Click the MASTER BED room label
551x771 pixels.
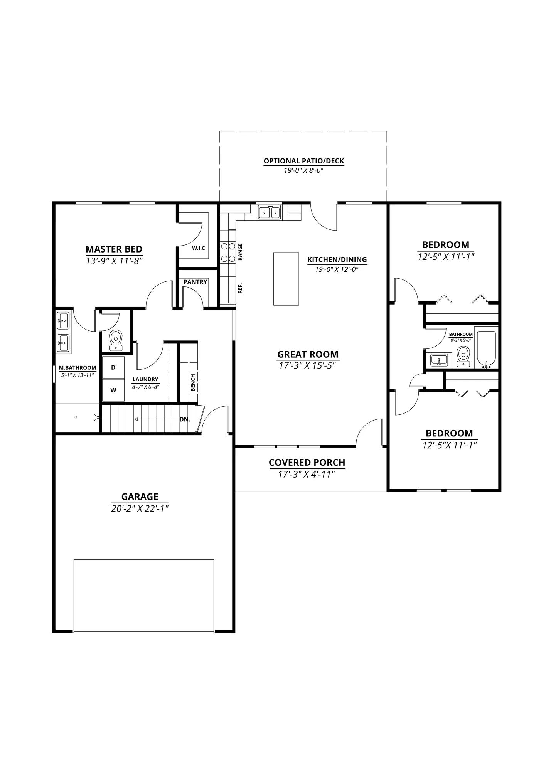coord(114,249)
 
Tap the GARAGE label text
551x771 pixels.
coord(140,497)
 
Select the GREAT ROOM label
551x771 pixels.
coord(308,354)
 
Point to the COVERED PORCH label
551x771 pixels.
coord(307,462)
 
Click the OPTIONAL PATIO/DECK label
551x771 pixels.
coord(304,161)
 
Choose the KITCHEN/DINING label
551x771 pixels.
coord(337,260)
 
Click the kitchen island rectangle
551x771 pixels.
coord(286,279)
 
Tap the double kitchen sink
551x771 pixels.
coord(270,212)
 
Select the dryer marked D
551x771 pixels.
coord(113,367)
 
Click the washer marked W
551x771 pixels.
coord(113,390)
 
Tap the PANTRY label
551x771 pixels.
coord(195,282)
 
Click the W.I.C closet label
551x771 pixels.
coord(199,248)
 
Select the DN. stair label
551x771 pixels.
coord(185,419)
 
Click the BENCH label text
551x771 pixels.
coord(193,382)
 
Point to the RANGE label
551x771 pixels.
coord(240,252)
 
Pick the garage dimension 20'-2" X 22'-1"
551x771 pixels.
coord(140,509)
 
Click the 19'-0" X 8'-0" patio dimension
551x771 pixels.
coord(304,170)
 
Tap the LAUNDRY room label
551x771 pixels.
coord(145,379)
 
